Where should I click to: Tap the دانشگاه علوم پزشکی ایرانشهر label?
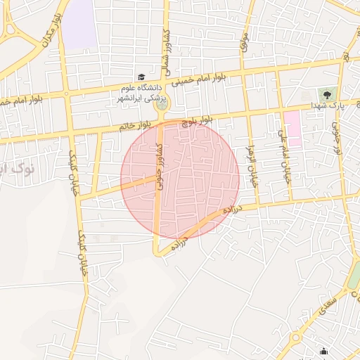pos(139,92)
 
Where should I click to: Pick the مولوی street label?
pos(245,44)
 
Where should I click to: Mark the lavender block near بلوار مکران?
pos(79,22)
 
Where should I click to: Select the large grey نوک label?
pos(24,169)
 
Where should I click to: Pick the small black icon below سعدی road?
pos(323,351)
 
